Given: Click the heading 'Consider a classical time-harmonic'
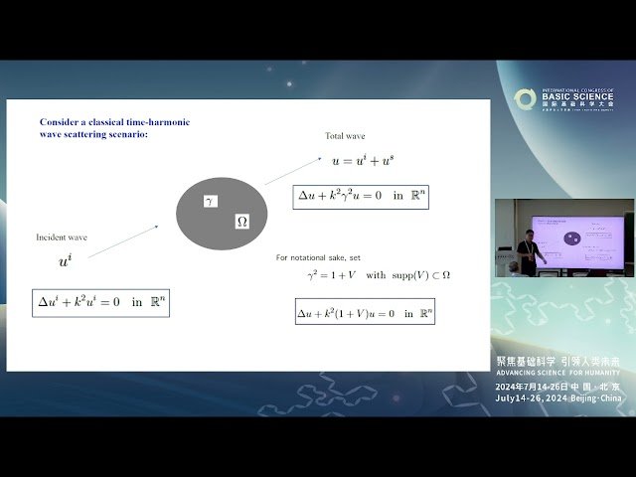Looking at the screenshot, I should [114, 121].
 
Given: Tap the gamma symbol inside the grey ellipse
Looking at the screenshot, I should [209, 201].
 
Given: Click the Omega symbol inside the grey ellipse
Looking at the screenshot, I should [241, 222].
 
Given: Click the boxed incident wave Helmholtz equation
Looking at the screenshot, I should [100, 302].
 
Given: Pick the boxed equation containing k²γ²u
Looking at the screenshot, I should [363, 196].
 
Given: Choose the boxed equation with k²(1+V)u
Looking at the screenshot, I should [365, 312].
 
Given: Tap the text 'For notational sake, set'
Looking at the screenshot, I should [318, 257].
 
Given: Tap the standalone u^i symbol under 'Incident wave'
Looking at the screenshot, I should [65, 261].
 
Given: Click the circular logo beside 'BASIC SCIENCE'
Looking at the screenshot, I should [525, 98].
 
